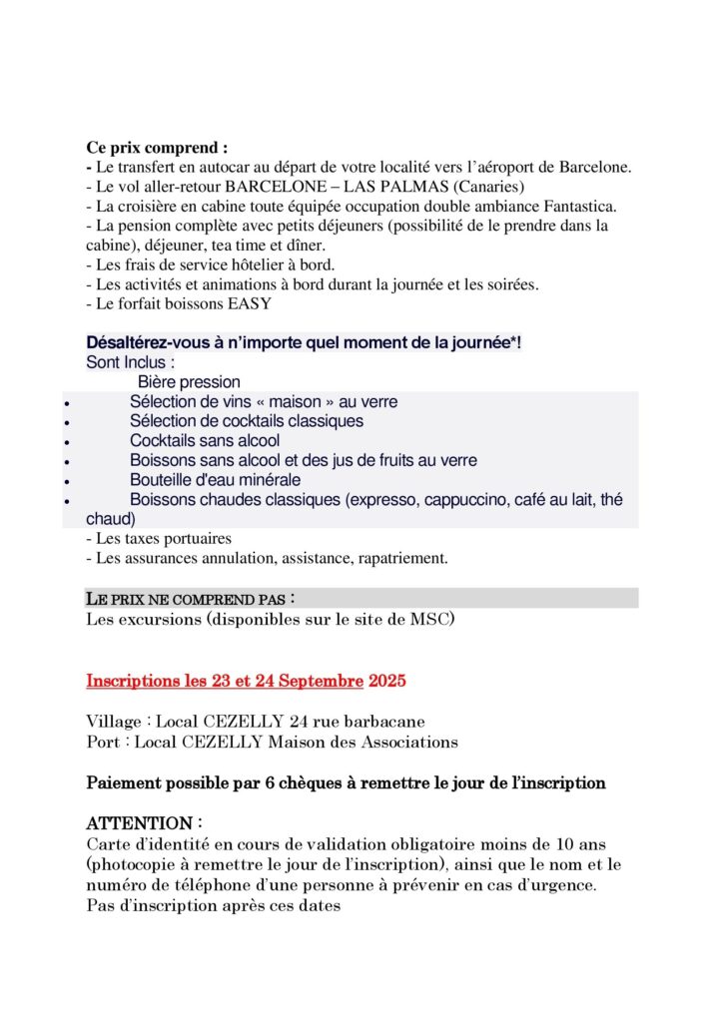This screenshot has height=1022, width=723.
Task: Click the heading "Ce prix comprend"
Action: click(157, 148)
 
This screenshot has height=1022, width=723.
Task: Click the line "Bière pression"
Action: click(189, 382)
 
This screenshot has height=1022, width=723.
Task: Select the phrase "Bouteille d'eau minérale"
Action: click(215, 480)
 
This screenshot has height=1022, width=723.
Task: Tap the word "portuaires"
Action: click(194, 539)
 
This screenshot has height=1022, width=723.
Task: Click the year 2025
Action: click(387, 683)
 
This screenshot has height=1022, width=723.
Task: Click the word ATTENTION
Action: click(139, 824)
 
